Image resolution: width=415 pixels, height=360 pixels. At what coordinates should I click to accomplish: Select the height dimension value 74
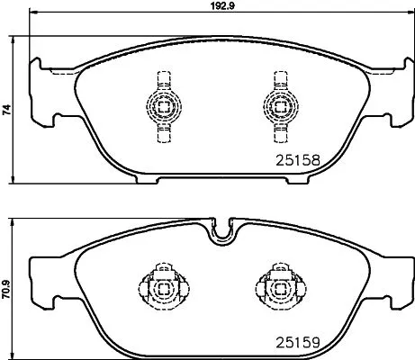pyautogui.click(x=6, y=111)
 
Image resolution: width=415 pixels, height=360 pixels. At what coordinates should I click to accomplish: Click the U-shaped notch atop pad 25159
pyautogui.click(x=221, y=232)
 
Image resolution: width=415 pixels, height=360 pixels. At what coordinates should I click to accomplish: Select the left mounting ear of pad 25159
pyautogui.click(x=41, y=274)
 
